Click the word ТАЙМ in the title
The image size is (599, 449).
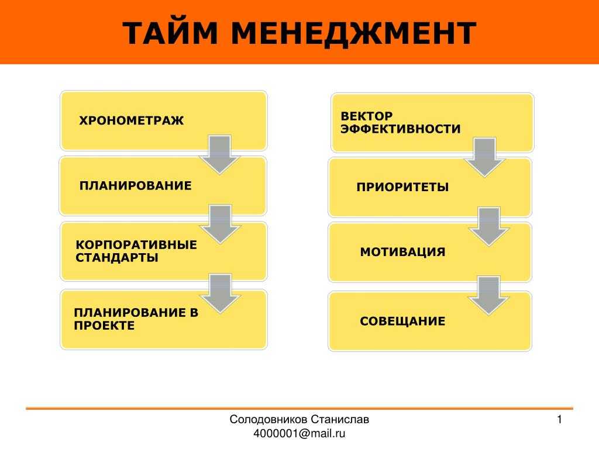pyautogui.click(x=170, y=33)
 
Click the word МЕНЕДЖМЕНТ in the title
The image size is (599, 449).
pyautogui.click(x=354, y=34)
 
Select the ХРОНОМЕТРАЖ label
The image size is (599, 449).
pyautogui.click(x=132, y=120)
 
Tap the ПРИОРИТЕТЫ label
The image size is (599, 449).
pyautogui.click(x=402, y=187)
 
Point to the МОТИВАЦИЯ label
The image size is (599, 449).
pyautogui.click(x=402, y=252)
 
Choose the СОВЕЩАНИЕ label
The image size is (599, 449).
pyautogui.click(x=402, y=321)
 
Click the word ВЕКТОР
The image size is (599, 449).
pyautogui.click(x=366, y=116)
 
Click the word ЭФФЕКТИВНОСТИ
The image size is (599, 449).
pyautogui.click(x=400, y=129)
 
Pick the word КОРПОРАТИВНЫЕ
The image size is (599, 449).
pyautogui.click(x=136, y=245)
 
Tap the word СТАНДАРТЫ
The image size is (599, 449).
pyautogui.click(x=117, y=258)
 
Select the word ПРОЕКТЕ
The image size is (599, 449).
pyautogui.click(x=104, y=326)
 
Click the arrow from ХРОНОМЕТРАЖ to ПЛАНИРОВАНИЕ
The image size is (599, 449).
pyautogui.click(x=220, y=154)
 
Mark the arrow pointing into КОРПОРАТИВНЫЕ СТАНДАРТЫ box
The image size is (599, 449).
pyautogui.click(x=221, y=224)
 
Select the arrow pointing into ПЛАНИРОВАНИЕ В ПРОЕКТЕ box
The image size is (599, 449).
pyautogui.click(x=221, y=293)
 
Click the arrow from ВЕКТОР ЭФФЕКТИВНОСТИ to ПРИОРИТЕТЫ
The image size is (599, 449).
pyautogui.click(x=485, y=157)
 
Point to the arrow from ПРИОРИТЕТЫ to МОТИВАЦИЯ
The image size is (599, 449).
pyautogui.click(x=489, y=227)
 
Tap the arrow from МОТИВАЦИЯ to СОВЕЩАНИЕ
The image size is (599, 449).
pyautogui.click(x=489, y=296)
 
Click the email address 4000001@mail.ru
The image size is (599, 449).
pyautogui.click(x=299, y=434)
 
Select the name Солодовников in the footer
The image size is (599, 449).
pyautogui.click(x=268, y=420)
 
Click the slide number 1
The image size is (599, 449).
pyautogui.click(x=559, y=420)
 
